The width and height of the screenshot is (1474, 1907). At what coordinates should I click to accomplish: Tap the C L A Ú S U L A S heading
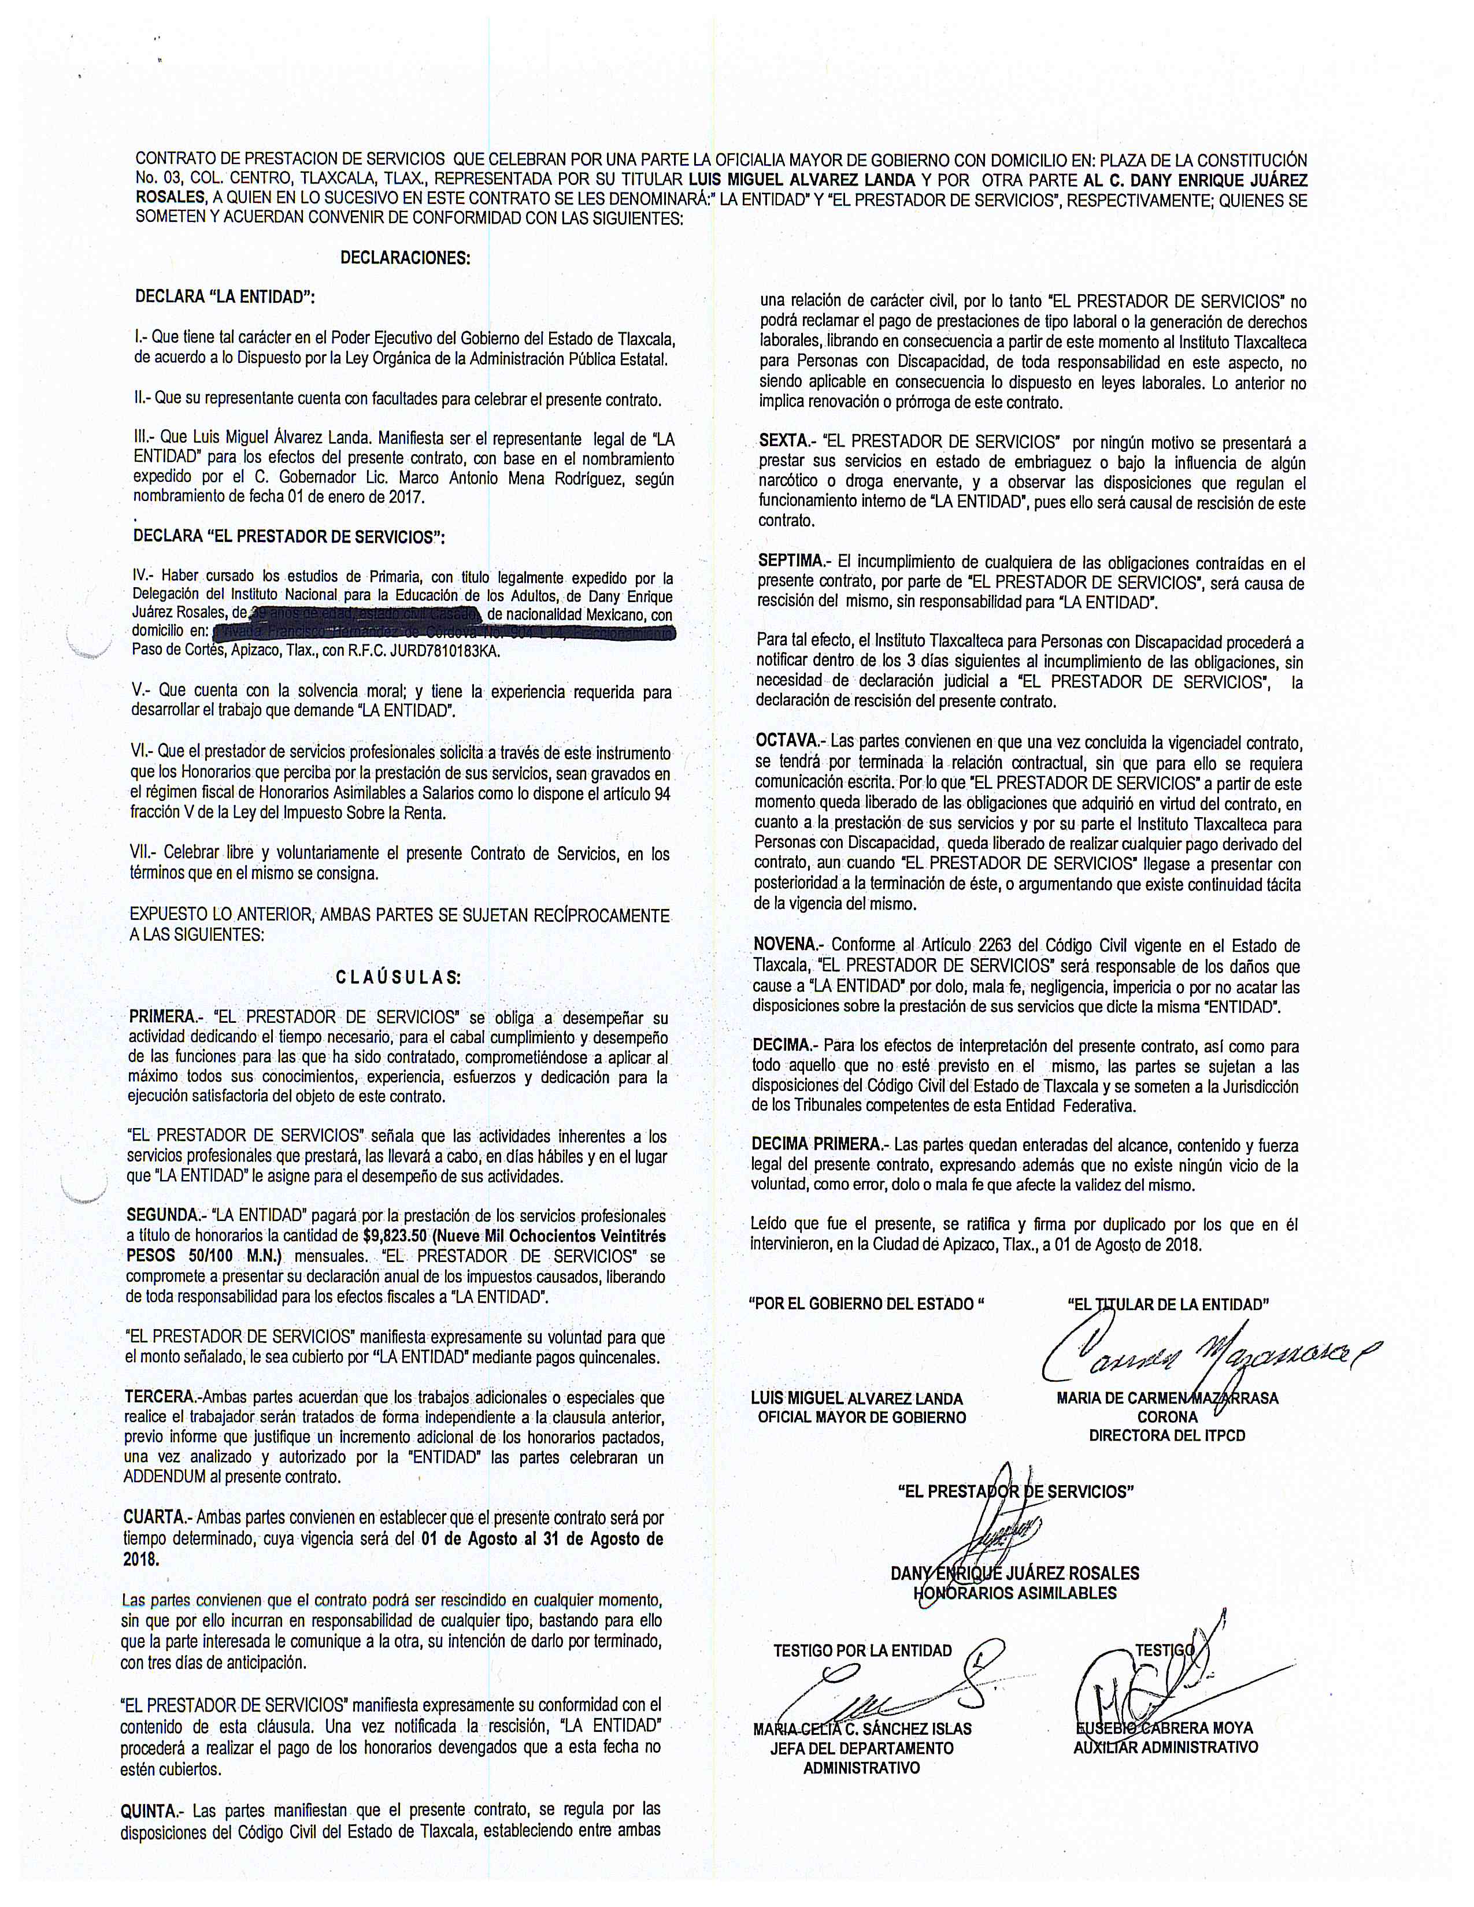tap(399, 977)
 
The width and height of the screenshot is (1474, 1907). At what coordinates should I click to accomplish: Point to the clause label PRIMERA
tap(163, 1017)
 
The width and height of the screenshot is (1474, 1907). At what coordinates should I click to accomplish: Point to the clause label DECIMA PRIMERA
tap(818, 1145)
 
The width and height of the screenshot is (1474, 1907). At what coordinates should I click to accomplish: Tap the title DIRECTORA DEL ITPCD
tap(1166, 1435)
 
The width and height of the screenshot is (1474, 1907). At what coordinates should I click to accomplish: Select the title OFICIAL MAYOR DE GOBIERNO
tap(862, 1417)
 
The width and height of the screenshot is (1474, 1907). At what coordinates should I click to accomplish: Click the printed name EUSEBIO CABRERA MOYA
tap(1165, 1728)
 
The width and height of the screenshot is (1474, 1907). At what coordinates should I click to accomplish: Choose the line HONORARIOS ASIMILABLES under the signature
tap(1014, 1593)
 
